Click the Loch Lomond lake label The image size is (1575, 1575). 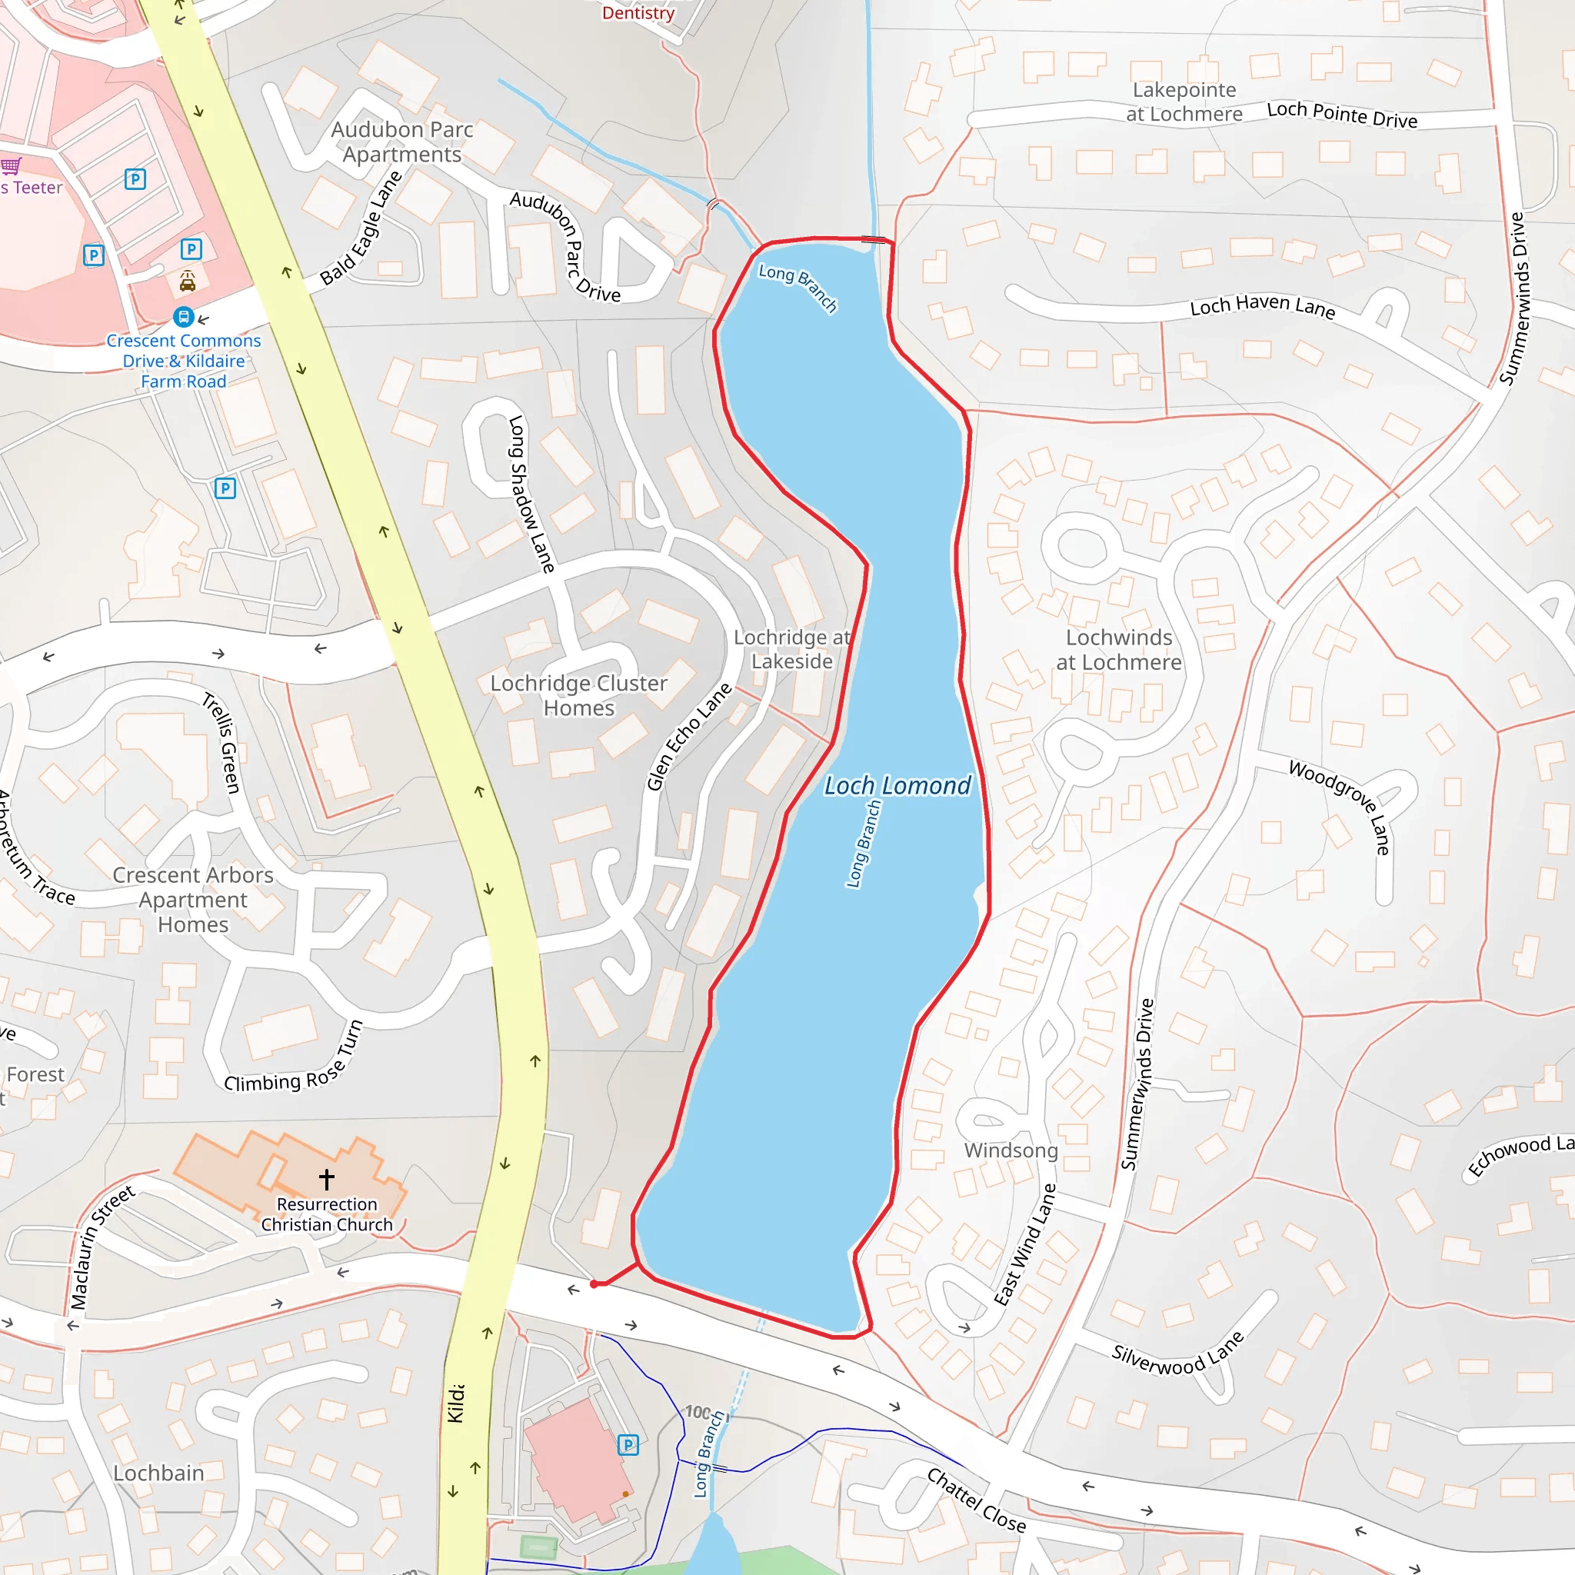897,786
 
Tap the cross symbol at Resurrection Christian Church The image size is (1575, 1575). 327,1179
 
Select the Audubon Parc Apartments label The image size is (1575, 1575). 402,142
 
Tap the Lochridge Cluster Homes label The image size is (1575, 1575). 579,695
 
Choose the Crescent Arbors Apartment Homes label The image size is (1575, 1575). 193,899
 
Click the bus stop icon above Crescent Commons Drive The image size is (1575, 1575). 185,316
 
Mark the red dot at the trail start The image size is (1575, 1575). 594,1285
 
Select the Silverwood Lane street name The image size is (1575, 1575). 1178,1354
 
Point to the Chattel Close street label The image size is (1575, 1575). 977,1500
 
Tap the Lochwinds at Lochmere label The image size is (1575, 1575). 1118,650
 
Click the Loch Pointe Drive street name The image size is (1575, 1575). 1342,115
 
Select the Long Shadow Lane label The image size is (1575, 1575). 531,494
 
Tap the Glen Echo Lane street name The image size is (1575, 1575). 689,737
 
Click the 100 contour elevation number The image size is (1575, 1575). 698,1412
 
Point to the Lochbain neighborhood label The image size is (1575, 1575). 159,1473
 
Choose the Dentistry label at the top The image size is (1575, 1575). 638,13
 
